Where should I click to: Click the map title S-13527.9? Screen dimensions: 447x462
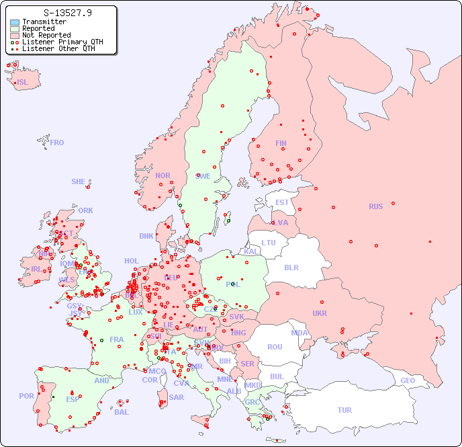pos(67,13)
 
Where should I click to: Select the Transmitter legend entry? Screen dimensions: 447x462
pos(44,22)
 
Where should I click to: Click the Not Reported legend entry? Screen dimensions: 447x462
pos(46,35)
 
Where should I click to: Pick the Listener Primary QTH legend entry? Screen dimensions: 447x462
pos(62,42)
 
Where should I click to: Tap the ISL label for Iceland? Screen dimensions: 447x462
pos(23,83)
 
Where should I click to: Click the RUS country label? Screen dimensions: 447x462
pos(375,206)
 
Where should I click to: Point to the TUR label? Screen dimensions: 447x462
pos(344,410)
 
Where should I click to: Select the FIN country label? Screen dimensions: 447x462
pos(281,143)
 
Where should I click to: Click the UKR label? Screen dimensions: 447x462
pos(320,313)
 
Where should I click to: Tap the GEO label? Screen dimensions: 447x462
pos(408,380)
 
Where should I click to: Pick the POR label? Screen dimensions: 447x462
pos(26,396)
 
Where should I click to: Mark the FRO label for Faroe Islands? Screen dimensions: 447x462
pos(57,143)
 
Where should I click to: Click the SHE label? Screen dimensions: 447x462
pos(78,181)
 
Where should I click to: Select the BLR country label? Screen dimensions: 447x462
pos(291,267)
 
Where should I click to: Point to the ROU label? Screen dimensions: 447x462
pos(275,347)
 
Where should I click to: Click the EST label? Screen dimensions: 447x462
pos(282,202)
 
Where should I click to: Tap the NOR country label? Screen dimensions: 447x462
pos(163,175)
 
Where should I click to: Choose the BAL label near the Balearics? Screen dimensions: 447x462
pos(121,412)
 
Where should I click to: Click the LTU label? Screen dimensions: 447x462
pos(269,243)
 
